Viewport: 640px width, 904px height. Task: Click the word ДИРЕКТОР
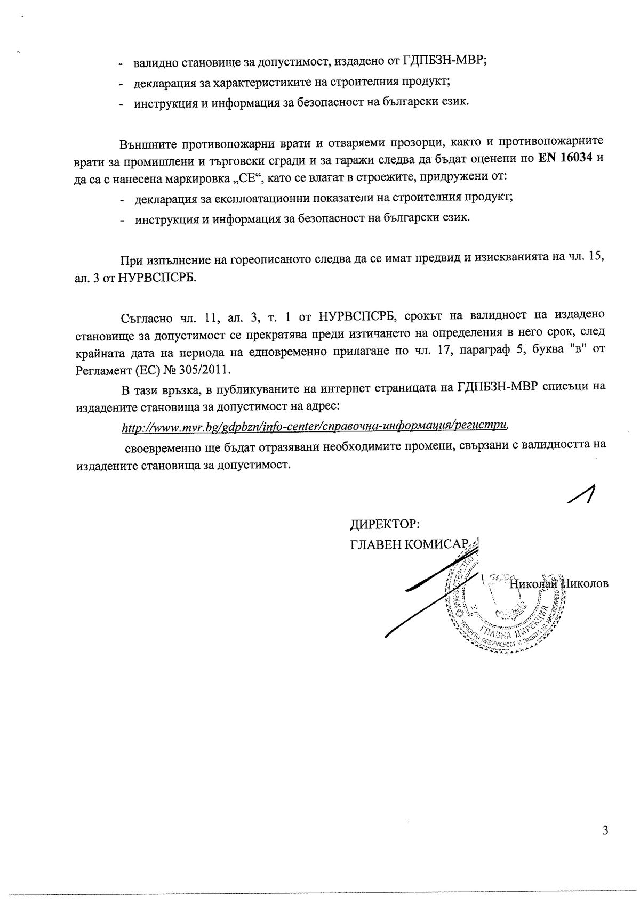tap(385, 524)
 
